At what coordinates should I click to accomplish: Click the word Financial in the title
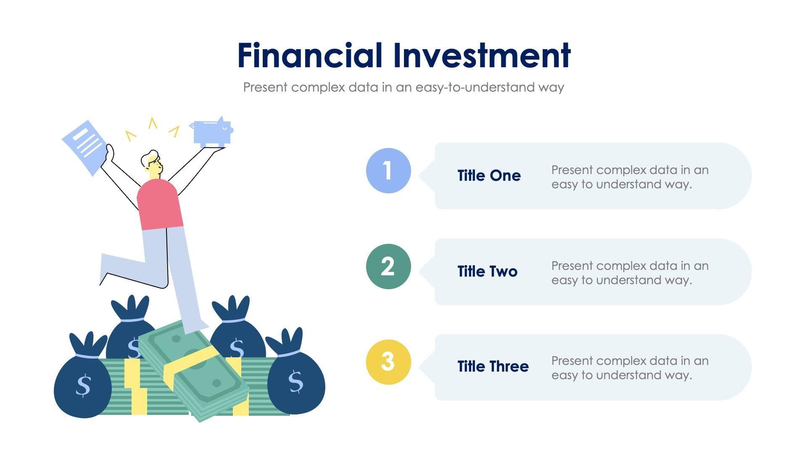point(310,55)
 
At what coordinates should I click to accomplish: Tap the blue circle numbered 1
point(388,171)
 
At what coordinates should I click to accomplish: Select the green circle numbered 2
point(388,267)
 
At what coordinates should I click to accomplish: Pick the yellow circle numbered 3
point(388,362)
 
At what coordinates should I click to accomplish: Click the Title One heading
point(489,176)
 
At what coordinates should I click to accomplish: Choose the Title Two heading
point(487,272)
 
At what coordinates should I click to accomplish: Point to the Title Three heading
point(493,367)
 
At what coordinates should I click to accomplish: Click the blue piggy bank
point(212,132)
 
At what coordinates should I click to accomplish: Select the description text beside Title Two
point(629,273)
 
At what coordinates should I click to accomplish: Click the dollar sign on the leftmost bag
point(83,385)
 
